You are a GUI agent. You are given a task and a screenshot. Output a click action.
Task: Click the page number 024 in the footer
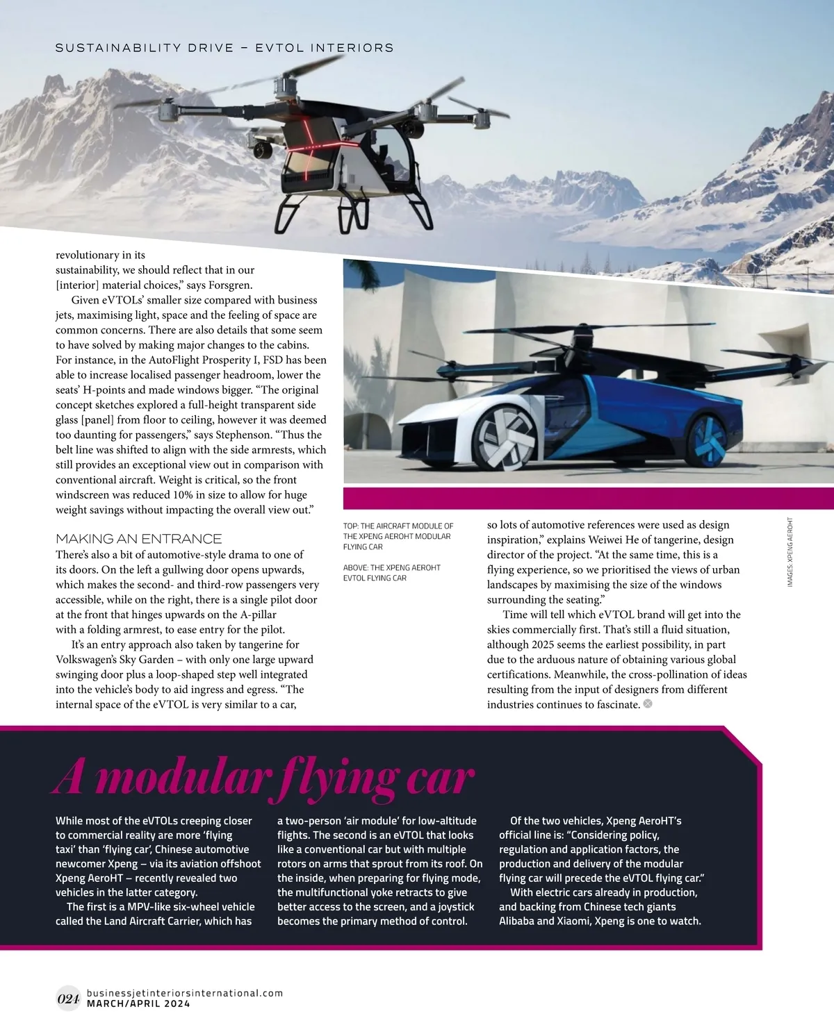pos(68,999)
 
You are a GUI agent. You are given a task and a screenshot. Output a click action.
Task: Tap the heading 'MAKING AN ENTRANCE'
pos(139,539)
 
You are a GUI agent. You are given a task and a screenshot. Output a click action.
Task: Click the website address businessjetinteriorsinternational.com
pos(185,993)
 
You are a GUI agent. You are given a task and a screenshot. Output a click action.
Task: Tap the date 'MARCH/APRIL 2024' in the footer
pos(138,1003)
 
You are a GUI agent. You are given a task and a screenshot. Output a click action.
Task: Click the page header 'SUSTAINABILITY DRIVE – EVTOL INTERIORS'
pos(224,48)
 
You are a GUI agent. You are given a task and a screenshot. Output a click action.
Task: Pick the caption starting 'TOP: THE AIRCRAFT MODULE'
pos(398,536)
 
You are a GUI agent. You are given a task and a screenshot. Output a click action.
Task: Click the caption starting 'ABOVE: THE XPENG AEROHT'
pos(392,573)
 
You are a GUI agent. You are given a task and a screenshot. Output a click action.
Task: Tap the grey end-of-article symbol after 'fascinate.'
pos(648,704)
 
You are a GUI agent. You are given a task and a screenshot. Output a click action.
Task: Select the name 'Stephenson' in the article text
pos(243,435)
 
